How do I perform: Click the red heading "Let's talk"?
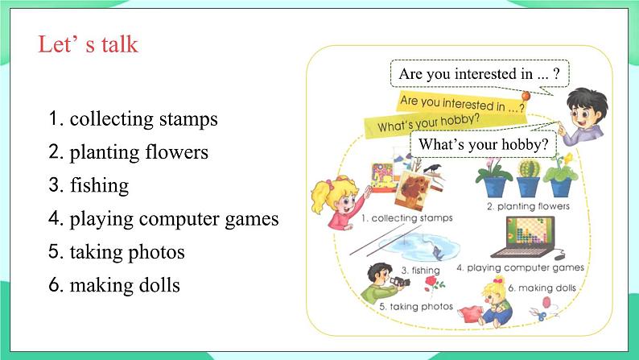point(88,44)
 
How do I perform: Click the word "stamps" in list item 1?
point(188,119)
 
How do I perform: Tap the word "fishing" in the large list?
point(100,185)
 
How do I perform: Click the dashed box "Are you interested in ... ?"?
point(480,74)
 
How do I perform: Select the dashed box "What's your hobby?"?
point(484,144)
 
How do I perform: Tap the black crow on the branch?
point(432,168)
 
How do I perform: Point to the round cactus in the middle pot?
point(529,168)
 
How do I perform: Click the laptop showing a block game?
point(524,237)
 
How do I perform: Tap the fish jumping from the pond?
point(437,253)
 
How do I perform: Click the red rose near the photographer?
point(431,281)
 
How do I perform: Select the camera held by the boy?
point(400,281)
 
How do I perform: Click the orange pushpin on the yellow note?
point(526,96)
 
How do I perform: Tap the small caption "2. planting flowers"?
point(528,206)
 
